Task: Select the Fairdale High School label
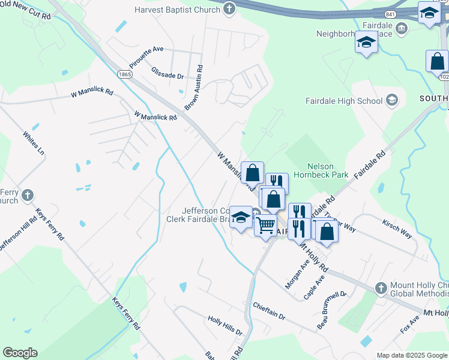click(x=344, y=101)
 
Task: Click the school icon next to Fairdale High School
click(x=392, y=100)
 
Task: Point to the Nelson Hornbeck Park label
click(x=328, y=170)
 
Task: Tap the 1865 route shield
click(x=125, y=74)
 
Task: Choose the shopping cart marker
click(x=265, y=226)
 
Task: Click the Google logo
click(x=20, y=353)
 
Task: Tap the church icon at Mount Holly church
click(x=380, y=289)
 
